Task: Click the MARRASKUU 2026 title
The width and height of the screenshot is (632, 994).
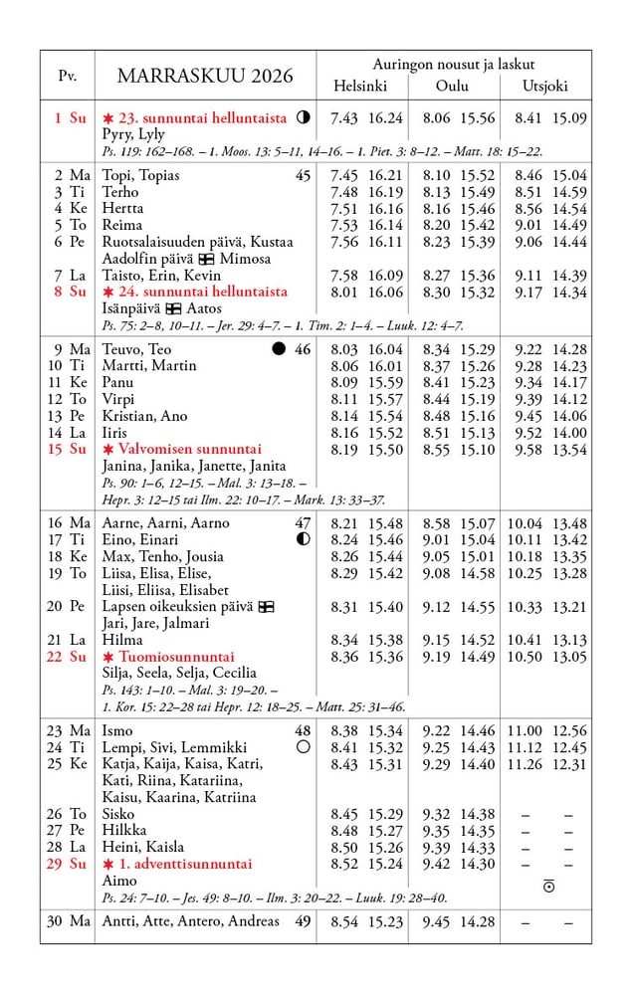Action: coord(205,77)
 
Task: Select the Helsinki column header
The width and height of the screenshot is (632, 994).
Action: coord(360,87)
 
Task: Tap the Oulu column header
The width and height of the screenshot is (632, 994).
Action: coord(452,87)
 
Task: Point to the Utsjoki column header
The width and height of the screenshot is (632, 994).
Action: coord(546,87)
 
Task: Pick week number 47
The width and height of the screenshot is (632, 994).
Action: coord(303,523)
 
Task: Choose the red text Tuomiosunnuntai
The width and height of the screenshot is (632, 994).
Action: coord(176,657)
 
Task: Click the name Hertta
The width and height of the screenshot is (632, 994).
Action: coord(122,209)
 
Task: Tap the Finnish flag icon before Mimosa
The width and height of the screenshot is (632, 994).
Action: coord(206,259)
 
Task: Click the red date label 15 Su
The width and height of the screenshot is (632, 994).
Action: coord(68,450)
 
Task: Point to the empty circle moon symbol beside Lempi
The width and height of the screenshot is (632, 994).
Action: coord(303,747)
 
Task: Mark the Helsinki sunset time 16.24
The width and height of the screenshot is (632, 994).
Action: coord(385,118)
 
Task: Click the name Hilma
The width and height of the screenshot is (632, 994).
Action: coord(122,640)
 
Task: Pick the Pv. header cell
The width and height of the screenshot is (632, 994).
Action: coord(68,77)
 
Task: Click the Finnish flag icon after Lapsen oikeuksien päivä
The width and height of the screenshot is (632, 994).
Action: coord(266,606)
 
